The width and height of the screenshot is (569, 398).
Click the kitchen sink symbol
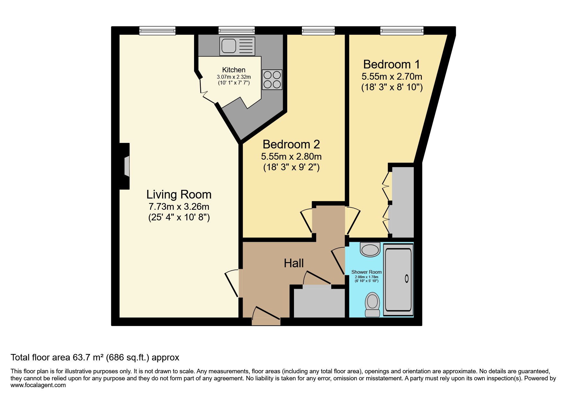(x=237, y=46)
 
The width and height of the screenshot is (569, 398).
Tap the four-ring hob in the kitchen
(x=272, y=79)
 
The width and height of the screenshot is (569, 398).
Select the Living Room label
(x=179, y=195)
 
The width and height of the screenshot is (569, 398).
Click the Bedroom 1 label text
(x=391, y=65)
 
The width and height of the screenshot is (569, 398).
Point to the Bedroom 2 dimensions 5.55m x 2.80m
(x=291, y=157)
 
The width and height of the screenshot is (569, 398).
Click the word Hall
(x=294, y=263)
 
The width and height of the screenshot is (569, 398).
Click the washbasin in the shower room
(x=370, y=250)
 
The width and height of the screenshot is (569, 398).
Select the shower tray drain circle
(x=406, y=279)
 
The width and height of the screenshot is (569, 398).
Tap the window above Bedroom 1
(x=402, y=31)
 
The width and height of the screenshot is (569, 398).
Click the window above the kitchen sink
(x=236, y=31)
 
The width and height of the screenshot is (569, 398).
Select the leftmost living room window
(x=157, y=31)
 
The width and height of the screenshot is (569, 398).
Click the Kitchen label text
(x=234, y=70)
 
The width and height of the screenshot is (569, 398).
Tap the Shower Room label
(x=366, y=272)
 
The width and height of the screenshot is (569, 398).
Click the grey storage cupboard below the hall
(x=319, y=303)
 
